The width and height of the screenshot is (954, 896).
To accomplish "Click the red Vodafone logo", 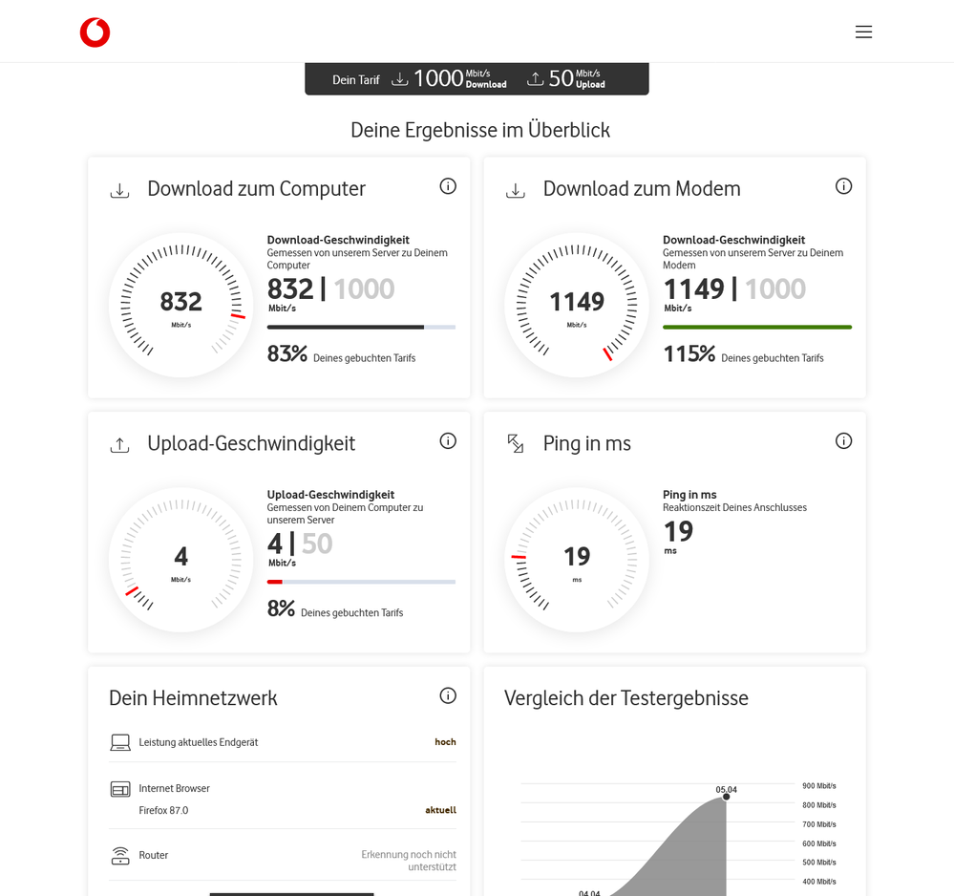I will tap(95, 32).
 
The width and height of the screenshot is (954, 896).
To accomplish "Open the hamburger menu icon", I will tap(863, 32).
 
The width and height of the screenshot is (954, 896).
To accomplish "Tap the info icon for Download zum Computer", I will tap(448, 186).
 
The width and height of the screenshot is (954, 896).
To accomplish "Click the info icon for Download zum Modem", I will tap(843, 186).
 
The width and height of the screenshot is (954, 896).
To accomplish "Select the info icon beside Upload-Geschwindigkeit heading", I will tap(448, 441).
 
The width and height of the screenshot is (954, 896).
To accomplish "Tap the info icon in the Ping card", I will tap(843, 441).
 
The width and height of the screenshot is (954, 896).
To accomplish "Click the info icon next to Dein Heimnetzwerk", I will tap(448, 695).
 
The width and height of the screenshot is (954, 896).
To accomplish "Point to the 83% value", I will tap(287, 354).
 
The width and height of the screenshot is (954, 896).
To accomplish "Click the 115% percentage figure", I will tap(689, 354).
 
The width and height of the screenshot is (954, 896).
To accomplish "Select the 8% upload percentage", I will tap(281, 608).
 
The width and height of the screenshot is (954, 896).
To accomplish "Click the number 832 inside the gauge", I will tap(180, 302).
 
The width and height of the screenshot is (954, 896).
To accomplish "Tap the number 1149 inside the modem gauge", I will tap(576, 302).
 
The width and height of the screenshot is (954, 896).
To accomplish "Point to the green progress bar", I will tap(756, 327).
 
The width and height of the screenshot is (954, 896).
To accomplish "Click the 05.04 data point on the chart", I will tap(726, 797).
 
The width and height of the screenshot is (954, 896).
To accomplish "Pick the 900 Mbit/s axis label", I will tap(818, 786).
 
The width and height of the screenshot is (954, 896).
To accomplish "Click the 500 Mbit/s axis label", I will tap(818, 863).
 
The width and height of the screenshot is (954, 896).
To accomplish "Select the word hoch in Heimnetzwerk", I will tap(445, 742).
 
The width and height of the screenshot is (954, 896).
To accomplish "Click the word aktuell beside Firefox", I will tap(440, 810).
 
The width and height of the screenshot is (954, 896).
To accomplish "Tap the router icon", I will tap(119, 856).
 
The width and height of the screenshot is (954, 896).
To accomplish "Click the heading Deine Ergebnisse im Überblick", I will tap(479, 130).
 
